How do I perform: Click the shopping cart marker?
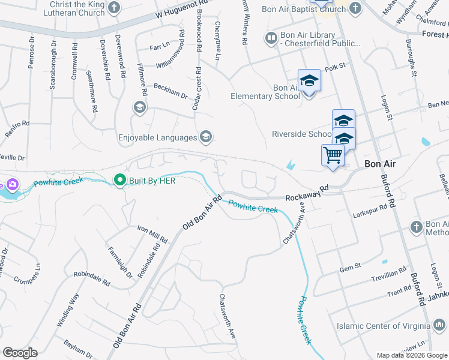pyautogui.click(x=333, y=155)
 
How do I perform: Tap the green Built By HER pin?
pyautogui.click(x=119, y=180)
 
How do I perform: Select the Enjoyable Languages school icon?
pyautogui.click(x=206, y=137)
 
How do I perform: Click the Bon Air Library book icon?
pyautogui.click(x=271, y=38)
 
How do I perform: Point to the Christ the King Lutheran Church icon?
pyautogui.click(x=115, y=8)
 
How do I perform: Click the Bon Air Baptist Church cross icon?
pyautogui.click(x=355, y=8)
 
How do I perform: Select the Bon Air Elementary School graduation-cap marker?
pyautogui.click(x=309, y=80)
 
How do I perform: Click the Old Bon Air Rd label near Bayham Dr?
pyautogui.click(x=127, y=327)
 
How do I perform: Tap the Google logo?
pyautogui.click(x=20, y=352)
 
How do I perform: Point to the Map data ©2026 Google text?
pyautogui.click(x=411, y=355)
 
